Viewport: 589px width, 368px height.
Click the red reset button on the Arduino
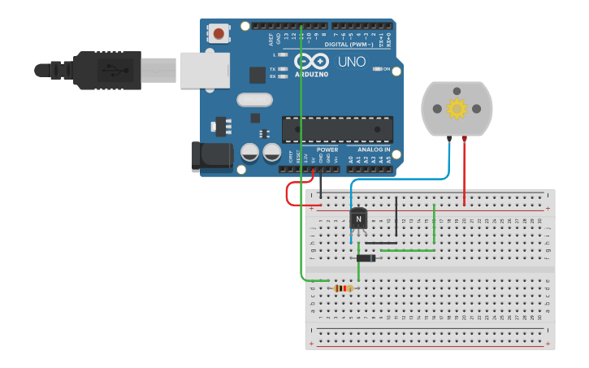219,33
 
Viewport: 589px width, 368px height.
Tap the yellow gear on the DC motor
457,108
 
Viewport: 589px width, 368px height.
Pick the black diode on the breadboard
366,258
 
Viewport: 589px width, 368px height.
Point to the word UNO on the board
352,62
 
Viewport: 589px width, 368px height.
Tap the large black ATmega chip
337,129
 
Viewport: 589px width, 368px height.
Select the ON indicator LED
376,69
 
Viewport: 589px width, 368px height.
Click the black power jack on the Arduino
210,157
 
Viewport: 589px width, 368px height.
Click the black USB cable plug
106,70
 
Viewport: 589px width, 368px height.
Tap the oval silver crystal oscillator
255,100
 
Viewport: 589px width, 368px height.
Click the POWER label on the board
327,149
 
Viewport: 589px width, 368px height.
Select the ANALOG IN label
375,149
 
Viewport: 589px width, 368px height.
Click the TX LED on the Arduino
282,69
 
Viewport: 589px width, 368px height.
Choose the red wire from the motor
464,171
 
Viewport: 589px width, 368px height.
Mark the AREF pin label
271,37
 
